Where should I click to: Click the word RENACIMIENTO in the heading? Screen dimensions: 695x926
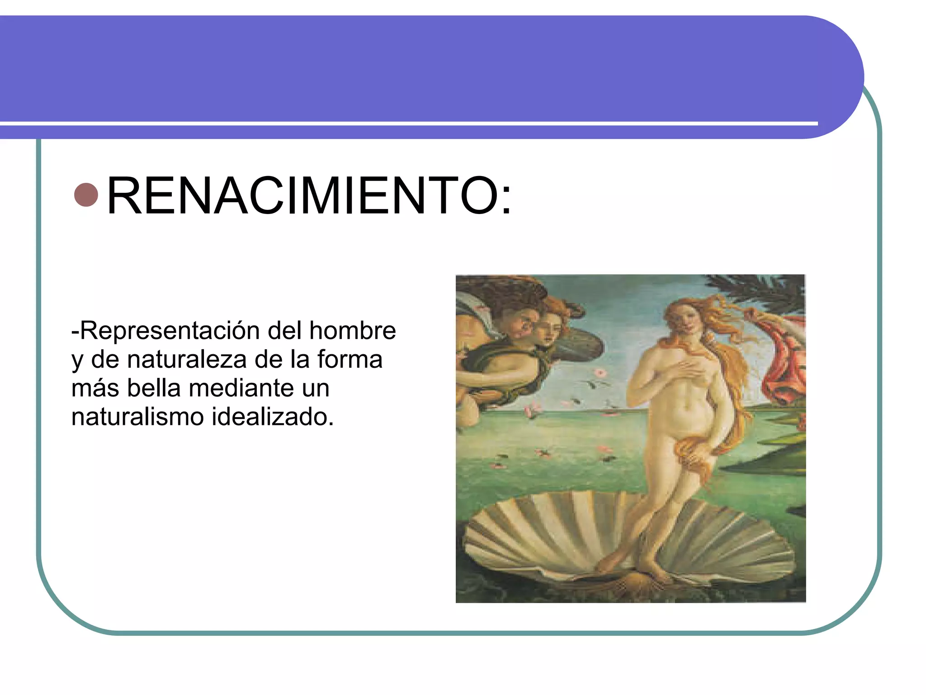[x=303, y=195]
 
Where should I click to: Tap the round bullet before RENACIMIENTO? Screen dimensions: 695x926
[x=86, y=195]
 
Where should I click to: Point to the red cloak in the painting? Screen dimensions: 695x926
[x=784, y=362]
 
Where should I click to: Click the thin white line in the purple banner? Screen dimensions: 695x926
[x=407, y=123]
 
